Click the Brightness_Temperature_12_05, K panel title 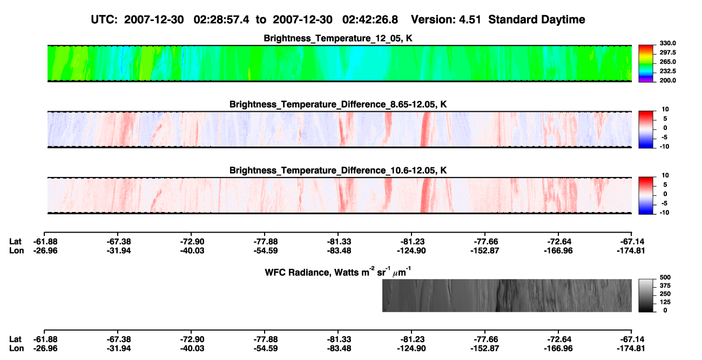tap(338, 38)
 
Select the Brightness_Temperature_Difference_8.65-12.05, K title tap(338, 104)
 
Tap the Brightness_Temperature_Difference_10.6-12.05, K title tap(338, 171)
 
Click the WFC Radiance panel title tap(338, 272)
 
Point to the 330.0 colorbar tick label tap(667, 43)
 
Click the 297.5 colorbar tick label tap(667, 52)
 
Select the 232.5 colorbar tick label tap(667, 71)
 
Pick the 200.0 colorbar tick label tap(667, 80)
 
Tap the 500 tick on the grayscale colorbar tap(665, 277)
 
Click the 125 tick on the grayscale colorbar tap(665, 302)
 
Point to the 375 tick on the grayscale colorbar tap(665, 286)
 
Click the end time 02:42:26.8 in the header tap(370, 20)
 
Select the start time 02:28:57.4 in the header tap(221, 20)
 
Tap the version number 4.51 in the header tap(470, 20)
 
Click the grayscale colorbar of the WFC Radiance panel tap(646, 295)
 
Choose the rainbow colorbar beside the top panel tap(646, 64)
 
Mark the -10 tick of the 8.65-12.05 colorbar tap(665, 147)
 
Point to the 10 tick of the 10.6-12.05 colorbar tap(665, 175)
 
